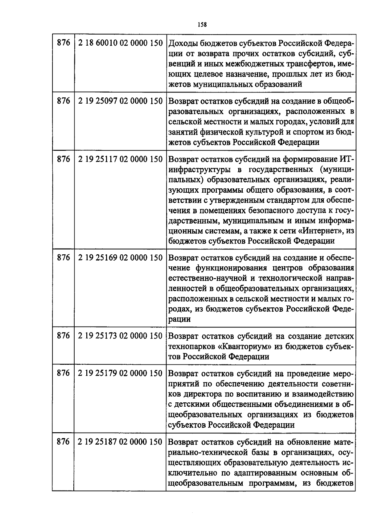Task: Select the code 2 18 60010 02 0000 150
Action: click(x=120, y=43)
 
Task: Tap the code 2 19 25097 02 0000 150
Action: click(x=120, y=101)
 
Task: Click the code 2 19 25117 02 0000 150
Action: click(x=120, y=159)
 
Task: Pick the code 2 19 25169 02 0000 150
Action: click(x=120, y=257)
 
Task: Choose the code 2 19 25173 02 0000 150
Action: click(x=120, y=335)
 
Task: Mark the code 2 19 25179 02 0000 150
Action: click(x=120, y=373)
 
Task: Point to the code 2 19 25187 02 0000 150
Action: click(x=120, y=442)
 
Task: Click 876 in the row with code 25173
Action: click(x=64, y=335)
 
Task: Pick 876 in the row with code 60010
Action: click(x=64, y=43)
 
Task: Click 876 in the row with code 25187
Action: click(x=64, y=442)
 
